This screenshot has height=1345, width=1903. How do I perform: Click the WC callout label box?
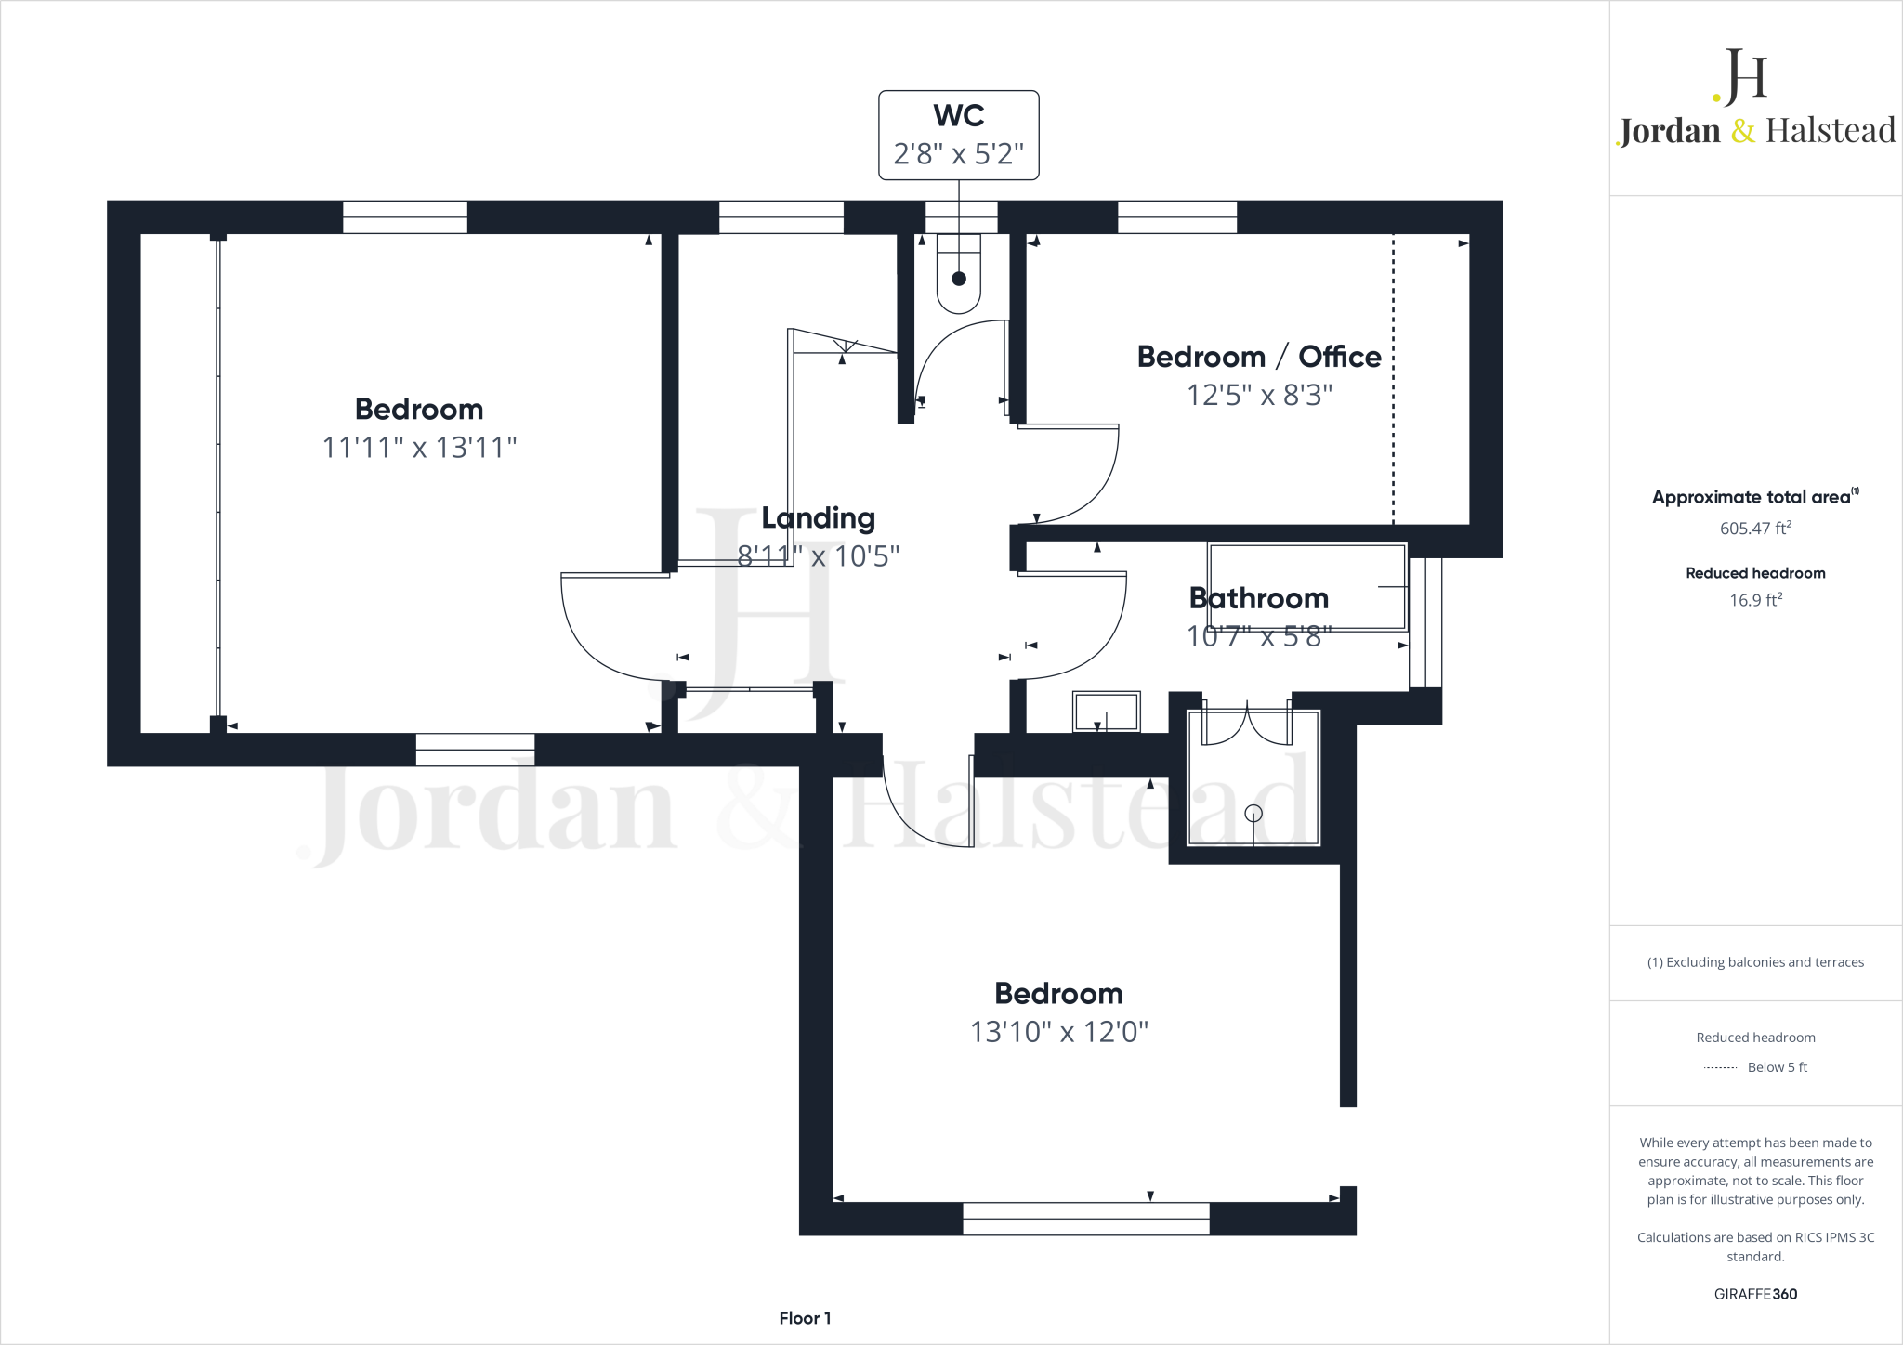point(958,136)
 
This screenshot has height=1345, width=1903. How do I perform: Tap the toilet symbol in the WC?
point(958,277)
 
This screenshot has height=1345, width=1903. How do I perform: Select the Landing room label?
point(818,517)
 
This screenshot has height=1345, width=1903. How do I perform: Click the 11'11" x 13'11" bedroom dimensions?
point(418,448)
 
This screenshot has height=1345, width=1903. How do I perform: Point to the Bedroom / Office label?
point(1258,357)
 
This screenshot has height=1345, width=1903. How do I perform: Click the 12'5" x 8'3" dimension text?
point(1258,396)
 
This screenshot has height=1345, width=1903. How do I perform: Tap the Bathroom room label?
point(1258,598)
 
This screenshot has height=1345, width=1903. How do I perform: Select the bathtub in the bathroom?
point(1306,587)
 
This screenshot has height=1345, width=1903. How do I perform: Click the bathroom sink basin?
point(1106,712)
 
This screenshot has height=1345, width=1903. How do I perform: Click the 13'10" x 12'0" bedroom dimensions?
point(1058,1032)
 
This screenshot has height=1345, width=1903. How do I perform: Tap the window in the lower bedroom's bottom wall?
point(1085,1219)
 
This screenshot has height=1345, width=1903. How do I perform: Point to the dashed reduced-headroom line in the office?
point(1393,381)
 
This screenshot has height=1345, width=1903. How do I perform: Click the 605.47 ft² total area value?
point(1754,529)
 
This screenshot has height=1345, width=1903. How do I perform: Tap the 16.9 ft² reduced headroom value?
point(1754,600)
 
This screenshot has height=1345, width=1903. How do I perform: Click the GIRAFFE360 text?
point(1754,1294)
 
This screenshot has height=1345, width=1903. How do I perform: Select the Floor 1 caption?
point(805,1318)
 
